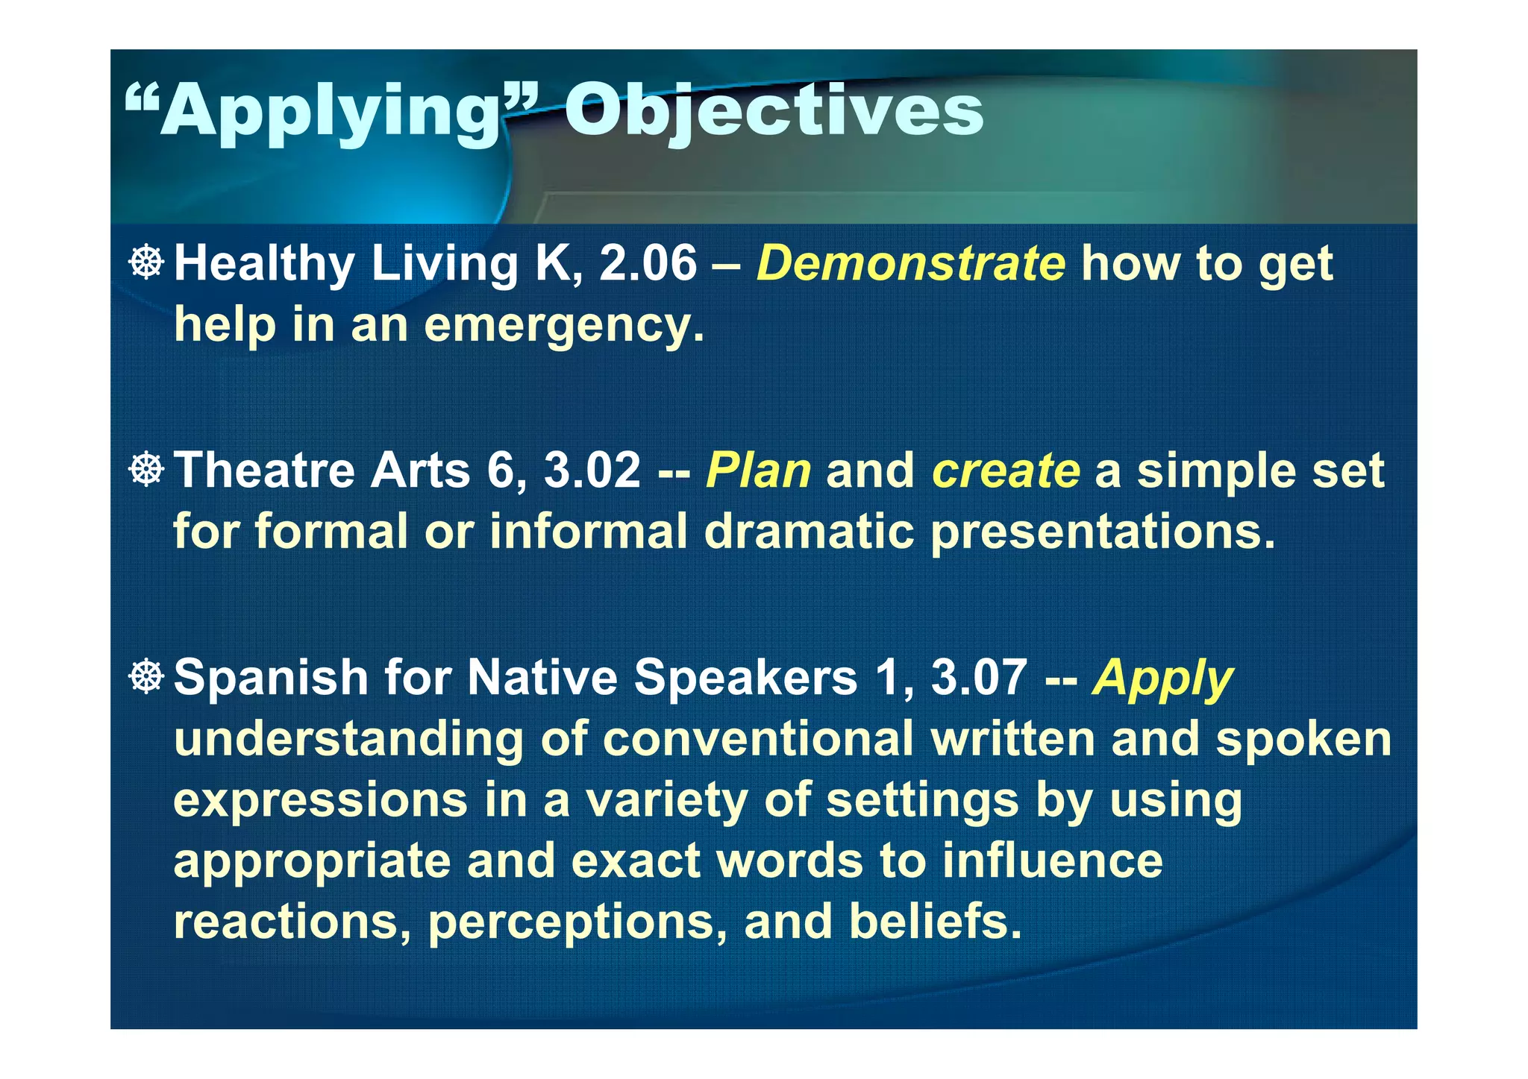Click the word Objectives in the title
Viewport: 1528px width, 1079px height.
[x=774, y=112]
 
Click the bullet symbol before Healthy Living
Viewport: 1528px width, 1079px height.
[x=147, y=262]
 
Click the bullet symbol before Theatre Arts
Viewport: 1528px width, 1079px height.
[x=147, y=470]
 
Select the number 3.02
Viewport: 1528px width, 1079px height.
[x=592, y=471]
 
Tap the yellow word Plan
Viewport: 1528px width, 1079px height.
[x=758, y=471]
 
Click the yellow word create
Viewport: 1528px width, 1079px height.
[x=1005, y=471]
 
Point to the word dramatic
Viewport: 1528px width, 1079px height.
[x=809, y=532]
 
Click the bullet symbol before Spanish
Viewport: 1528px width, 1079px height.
[x=147, y=677]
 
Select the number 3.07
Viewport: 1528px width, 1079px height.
[x=979, y=678]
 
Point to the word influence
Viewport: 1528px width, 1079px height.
[x=1052, y=861]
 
